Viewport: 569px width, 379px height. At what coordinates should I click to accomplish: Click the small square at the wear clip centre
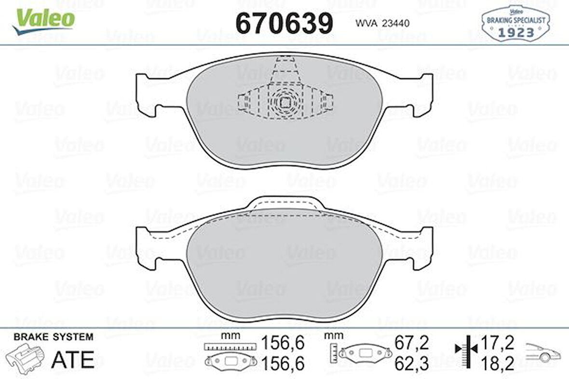pyautogui.click(x=285, y=102)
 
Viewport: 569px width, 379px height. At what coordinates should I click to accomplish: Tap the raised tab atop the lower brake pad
pyautogui.click(x=284, y=203)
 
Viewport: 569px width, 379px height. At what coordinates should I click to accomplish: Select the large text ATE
pyautogui.click(x=72, y=359)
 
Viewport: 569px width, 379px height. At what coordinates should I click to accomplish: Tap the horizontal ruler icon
pyautogui.click(x=229, y=346)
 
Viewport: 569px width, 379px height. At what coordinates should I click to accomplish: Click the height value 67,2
pyautogui.click(x=412, y=343)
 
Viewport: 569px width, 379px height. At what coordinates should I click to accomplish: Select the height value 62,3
pyautogui.click(x=412, y=364)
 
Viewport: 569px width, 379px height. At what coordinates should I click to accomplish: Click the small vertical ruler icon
pyautogui.click(x=334, y=353)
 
